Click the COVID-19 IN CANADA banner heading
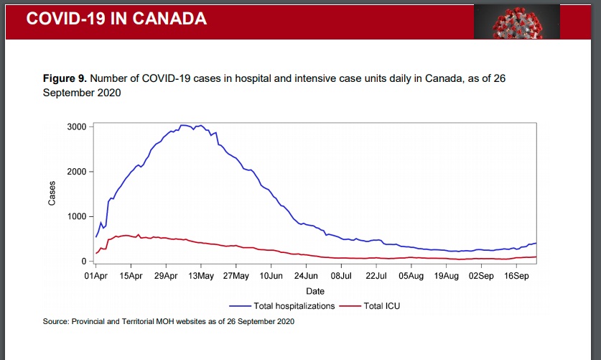[x=116, y=19]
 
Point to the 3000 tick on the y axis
[x=77, y=127]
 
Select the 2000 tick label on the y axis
[x=77, y=172]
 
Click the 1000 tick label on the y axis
[x=77, y=216]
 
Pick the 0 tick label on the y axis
[x=83, y=262]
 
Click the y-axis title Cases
[x=52, y=194]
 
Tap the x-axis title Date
[x=315, y=291]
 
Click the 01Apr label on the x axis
[x=95, y=276]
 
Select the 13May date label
[x=201, y=276]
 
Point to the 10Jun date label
[x=271, y=276]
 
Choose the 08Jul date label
[x=341, y=276]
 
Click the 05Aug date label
[x=411, y=276]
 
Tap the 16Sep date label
[x=516, y=276]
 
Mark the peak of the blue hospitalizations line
[x=185, y=125]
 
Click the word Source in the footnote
[x=55, y=321]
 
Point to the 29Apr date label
[x=166, y=276]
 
